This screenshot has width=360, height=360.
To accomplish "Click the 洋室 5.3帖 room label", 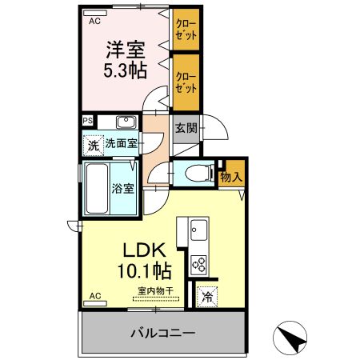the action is (126, 59).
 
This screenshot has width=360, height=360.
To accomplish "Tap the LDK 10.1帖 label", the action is (144, 261).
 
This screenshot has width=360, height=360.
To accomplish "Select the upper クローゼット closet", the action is (186, 30).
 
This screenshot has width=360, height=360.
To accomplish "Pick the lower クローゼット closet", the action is (186, 82).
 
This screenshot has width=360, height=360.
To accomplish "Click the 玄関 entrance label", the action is (186, 129).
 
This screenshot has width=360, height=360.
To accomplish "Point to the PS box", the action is (88, 121).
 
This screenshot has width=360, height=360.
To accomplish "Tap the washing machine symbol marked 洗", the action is (93, 146).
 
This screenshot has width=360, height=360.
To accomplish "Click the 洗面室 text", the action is (122, 144).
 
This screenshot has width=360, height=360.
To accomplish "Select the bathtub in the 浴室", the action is (97, 189).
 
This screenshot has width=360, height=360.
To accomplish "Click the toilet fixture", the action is (199, 173).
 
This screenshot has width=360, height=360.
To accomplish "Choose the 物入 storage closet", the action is (231, 174).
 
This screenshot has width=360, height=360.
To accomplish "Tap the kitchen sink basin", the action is (199, 230).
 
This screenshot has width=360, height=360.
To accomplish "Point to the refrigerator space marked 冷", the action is (207, 297).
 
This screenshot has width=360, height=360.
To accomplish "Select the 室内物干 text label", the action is (156, 290).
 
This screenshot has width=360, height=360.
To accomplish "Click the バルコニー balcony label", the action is (163, 333).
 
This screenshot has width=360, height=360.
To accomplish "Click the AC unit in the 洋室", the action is (95, 13).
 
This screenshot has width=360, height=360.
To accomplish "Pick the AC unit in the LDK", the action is (95, 303).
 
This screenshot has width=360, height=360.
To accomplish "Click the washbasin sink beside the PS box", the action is (126, 122).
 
